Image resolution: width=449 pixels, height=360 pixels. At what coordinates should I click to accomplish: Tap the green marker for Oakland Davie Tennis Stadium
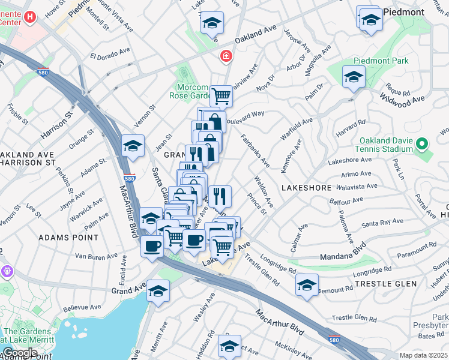point(421,144)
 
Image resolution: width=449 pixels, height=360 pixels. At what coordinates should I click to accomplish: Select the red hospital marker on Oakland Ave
point(226,56)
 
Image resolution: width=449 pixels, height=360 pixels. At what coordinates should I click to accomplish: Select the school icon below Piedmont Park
point(354,77)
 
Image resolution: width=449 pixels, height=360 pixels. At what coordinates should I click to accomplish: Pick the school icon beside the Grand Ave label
point(159,290)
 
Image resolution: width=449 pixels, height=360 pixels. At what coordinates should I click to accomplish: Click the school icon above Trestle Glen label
point(307,284)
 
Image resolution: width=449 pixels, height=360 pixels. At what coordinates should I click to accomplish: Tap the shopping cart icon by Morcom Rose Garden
point(221,95)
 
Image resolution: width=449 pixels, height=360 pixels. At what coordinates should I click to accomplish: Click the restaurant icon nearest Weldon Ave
point(220,195)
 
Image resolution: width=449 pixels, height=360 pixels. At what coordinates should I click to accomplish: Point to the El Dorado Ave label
point(110,56)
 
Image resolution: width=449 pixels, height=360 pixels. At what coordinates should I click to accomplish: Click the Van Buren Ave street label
point(96,257)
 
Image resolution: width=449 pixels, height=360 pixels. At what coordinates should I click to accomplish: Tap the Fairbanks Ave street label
point(255,150)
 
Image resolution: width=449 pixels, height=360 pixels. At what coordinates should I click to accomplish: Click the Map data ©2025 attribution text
point(423,355)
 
